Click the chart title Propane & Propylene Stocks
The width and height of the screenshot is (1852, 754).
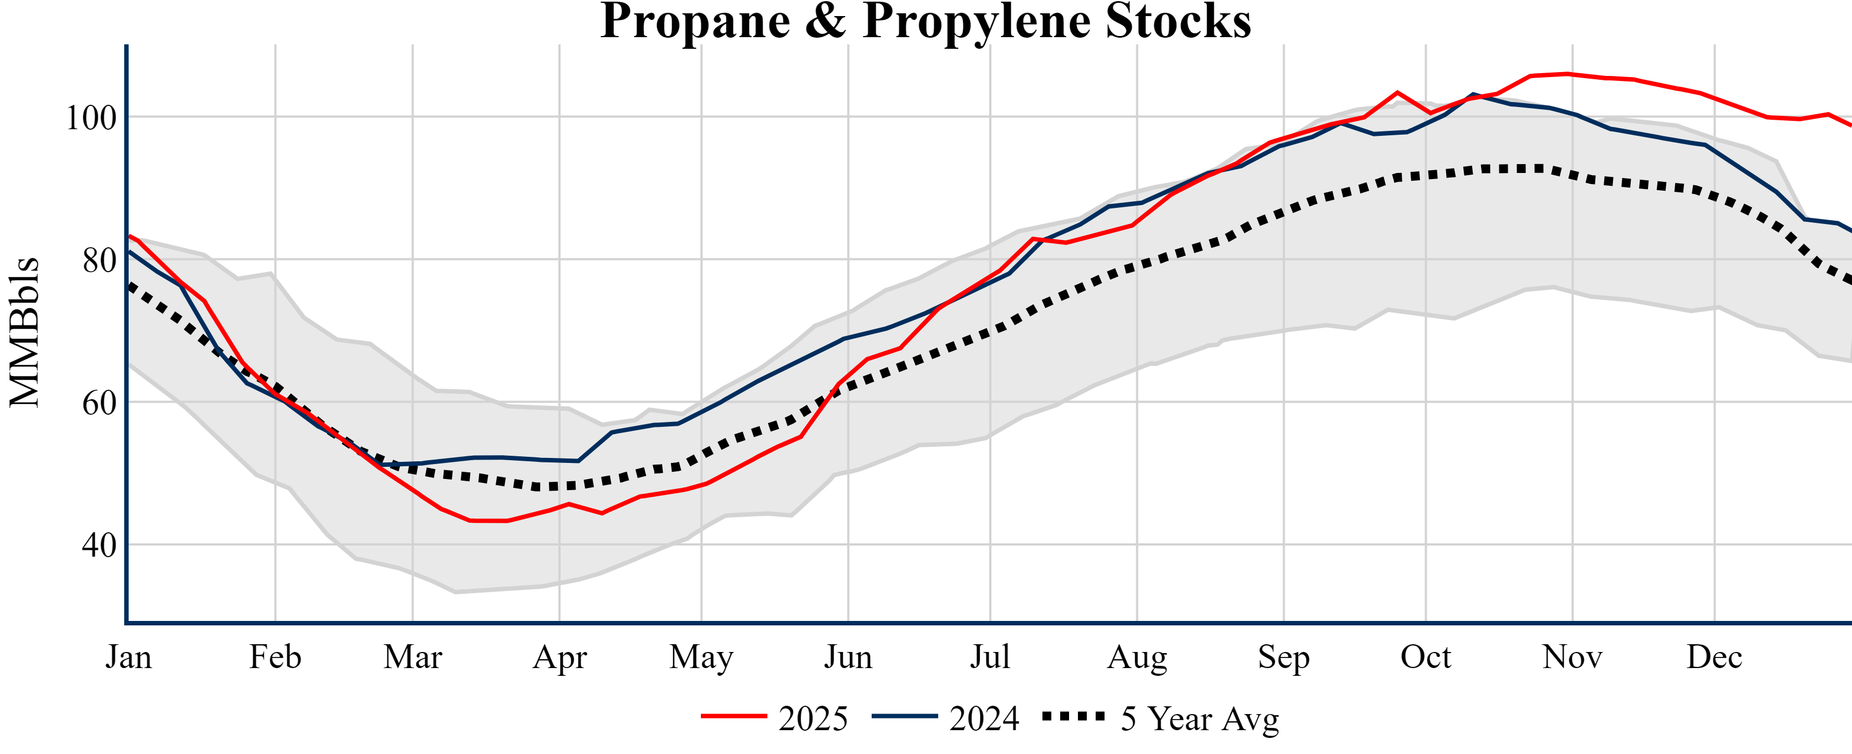click(925, 22)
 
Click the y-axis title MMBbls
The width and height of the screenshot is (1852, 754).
click(24, 332)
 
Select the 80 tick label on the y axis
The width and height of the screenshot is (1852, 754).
click(99, 260)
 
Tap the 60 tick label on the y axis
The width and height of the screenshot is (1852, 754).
click(99, 403)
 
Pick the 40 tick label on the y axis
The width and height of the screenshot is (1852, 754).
click(99, 546)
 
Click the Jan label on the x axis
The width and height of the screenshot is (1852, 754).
click(129, 657)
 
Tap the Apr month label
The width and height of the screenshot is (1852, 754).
click(559, 657)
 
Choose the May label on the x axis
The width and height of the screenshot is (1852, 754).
click(701, 657)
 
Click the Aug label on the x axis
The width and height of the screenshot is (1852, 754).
click(1137, 657)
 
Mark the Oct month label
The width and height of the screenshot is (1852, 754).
click(1426, 657)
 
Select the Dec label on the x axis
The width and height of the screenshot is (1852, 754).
click(1714, 657)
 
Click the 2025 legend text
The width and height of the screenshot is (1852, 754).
click(813, 718)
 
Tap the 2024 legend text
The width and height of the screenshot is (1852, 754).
click(984, 718)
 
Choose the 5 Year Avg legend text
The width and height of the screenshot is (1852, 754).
click(1200, 718)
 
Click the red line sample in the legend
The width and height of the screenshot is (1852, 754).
click(734, 716)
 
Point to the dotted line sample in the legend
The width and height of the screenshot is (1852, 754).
click(1073, 716)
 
